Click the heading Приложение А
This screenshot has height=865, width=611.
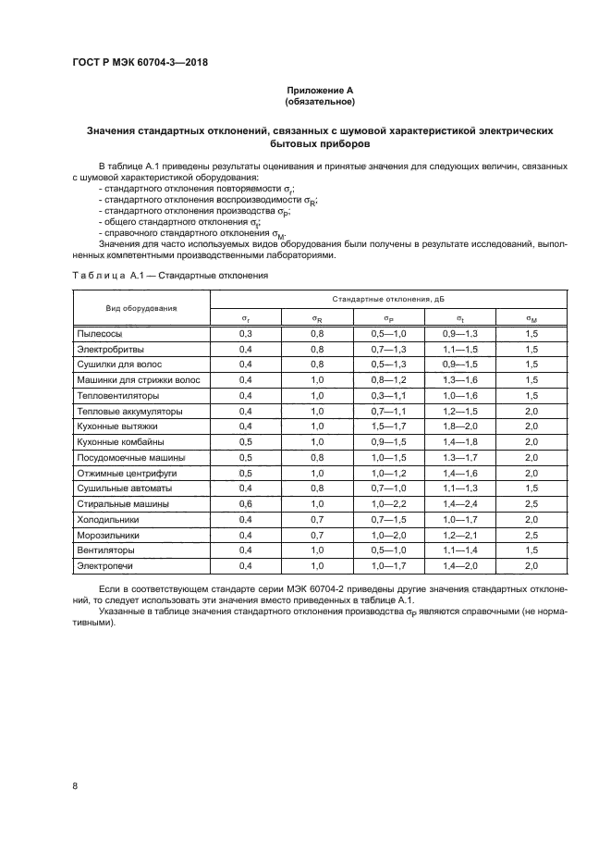pos(319,90)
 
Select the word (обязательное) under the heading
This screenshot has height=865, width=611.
pos(319,101)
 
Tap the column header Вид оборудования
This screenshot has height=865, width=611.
pos(141,307)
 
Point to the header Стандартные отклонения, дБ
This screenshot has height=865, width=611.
pos(387,299)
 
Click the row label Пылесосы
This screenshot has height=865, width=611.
pos(99,332)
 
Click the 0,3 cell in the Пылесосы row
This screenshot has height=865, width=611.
pos(246,332)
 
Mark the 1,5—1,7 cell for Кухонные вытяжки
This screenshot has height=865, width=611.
pos(388,426)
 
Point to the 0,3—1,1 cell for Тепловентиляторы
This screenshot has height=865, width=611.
pos(388,394)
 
